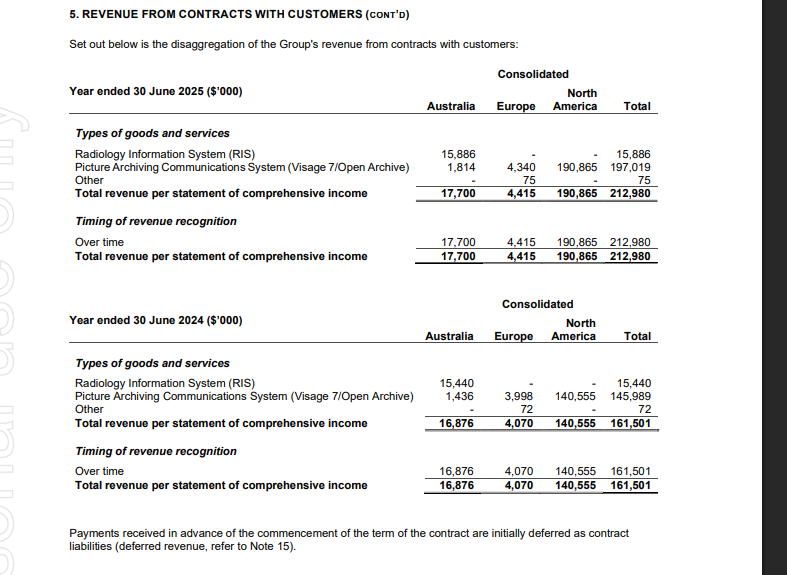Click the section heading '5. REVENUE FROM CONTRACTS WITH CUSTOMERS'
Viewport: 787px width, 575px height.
[240, 15]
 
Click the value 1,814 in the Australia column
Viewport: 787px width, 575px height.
[459, 167]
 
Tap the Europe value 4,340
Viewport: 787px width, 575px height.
[521, 167]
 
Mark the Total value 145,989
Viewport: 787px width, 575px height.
[630, 396]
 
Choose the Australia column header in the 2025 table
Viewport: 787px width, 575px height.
[450, 106]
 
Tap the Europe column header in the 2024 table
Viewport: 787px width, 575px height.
[514, 336]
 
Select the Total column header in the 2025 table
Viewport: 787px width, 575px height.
[637, 106]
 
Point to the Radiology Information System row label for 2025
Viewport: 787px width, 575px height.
[165, 154]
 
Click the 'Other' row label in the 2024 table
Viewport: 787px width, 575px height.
[89, 409]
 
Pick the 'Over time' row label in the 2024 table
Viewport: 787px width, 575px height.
[100, 471]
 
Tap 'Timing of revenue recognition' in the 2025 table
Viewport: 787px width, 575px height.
[156, 221]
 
